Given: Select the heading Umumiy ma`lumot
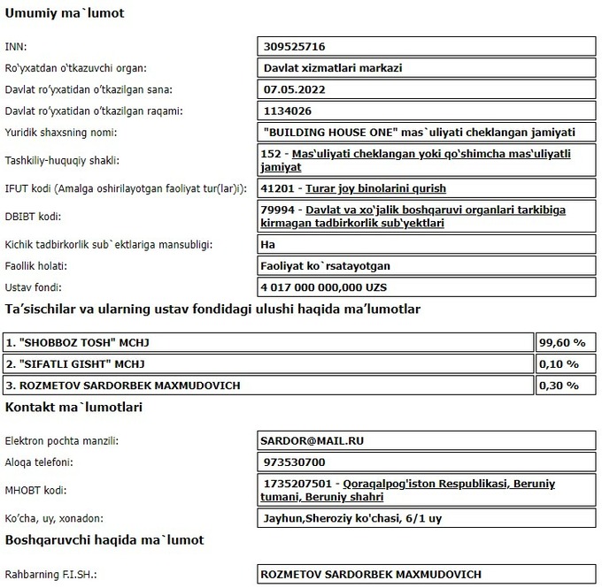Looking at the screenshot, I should pyautogui.click(x=65, y=13).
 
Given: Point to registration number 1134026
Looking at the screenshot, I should pyautogui.click(x=289, y=111).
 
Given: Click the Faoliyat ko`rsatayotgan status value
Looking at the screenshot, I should pyautogui.click(x=327, y=265).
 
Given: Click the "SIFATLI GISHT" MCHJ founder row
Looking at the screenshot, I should pyautogui.click(x=75, y=363).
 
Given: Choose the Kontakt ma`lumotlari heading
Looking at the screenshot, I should pyautogui.click(x=73, y=408).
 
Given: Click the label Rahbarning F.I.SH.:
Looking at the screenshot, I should pyautogui.click(x=50, y=575).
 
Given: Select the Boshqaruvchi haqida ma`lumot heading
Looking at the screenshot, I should pyautogui.click(x=104, y=539).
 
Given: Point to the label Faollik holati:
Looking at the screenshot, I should pyautogui.click(x=36, y=265).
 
